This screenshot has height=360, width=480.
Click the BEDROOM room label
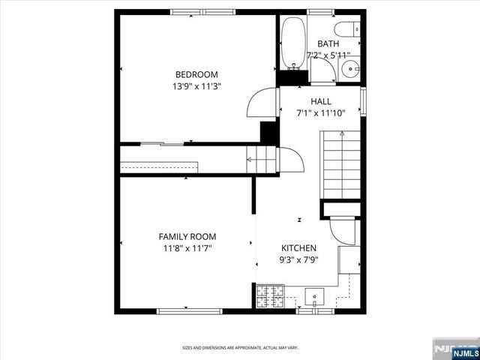(x=196, y=74)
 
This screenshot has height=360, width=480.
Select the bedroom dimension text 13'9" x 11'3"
(x=196, y=86)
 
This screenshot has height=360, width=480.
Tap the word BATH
(x=328, y=44)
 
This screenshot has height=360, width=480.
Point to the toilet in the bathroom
(x=346, y=30)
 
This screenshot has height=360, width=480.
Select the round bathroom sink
(x=350, y=70)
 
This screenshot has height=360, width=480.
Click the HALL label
(x=321, y=101)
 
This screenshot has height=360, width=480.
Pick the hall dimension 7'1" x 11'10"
(x=321, y=113)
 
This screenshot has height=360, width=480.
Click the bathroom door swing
(x=321, y=72)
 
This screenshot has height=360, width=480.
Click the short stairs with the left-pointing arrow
(x=259, y=159)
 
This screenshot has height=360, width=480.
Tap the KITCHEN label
(x=298, y=248)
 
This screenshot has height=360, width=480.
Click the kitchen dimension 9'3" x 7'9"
(x=298, y=261)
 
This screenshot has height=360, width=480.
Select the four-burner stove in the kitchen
(x=266, y=297)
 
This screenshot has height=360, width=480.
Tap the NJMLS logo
(x=452, y=349)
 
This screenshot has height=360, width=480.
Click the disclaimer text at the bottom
(x=240, y=348)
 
